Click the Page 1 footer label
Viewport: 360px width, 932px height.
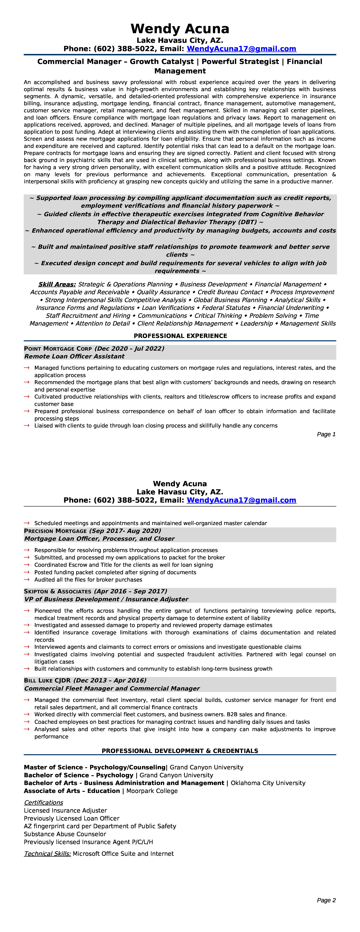click(326, 434)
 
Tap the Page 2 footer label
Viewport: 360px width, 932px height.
click(326, 900)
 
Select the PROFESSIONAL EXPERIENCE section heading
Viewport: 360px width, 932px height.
click(180, 336)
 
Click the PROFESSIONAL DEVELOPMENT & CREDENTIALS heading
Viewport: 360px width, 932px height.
click(180, 751)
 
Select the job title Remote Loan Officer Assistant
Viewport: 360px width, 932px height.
click(74, 356)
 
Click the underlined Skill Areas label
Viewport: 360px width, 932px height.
click(57, 284)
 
